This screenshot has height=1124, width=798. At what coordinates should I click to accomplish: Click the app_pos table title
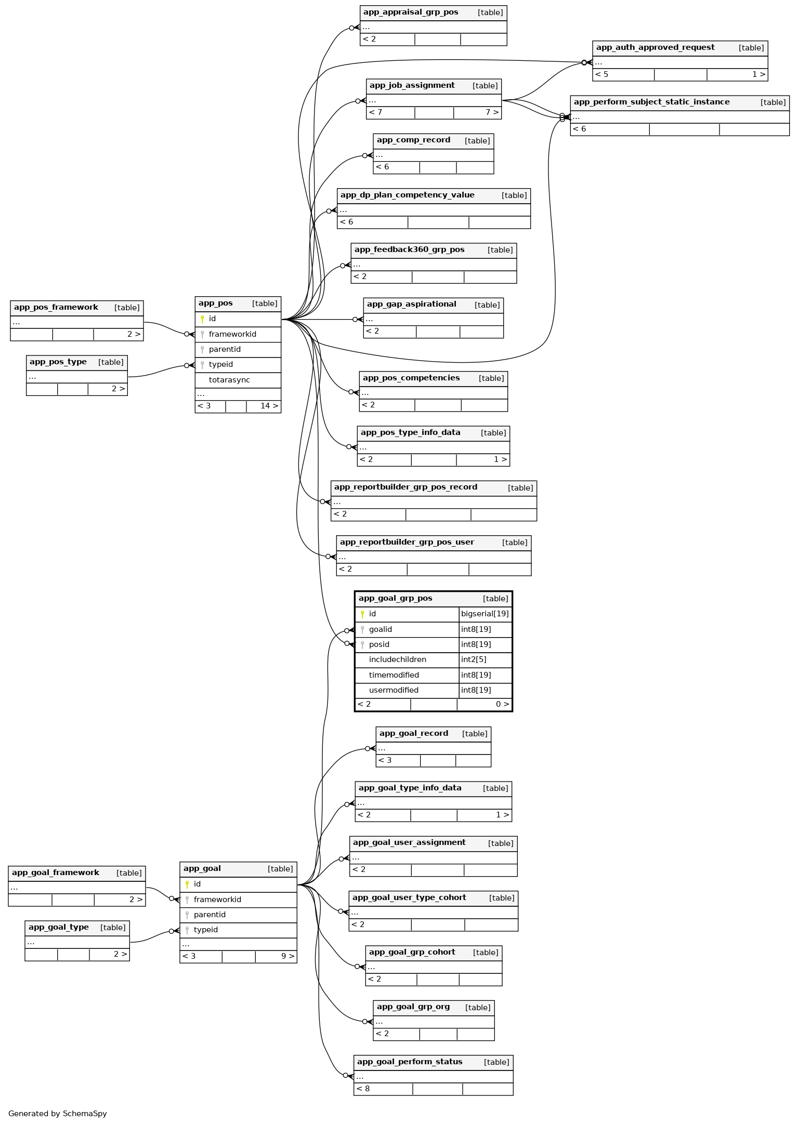[216, 303]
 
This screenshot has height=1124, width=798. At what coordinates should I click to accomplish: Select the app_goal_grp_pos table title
[395, 599]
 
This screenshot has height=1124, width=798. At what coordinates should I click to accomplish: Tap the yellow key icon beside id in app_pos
[202, 319]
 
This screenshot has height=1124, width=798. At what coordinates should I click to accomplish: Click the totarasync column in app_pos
[229, 380]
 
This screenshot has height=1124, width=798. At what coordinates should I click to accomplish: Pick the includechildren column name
[397, 660]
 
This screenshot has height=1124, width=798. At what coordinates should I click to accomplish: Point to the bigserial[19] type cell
[485, 614]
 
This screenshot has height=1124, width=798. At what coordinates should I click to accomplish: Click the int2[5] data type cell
[474, 660]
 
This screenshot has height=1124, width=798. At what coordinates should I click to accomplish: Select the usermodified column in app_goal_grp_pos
[394, 691]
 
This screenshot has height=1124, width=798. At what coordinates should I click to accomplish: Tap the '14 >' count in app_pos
[269, 406]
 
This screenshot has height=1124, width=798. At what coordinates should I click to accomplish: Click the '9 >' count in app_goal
[287, 956]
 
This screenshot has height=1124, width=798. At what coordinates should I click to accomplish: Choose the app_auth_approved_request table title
[655, 48]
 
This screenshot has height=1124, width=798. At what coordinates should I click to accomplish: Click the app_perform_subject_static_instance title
[651, 102]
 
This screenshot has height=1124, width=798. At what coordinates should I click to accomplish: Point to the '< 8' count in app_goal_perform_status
[363, 1089]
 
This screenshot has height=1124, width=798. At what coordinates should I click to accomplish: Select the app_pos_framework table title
[56, 308]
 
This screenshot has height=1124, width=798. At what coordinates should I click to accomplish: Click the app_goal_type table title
[59, 927]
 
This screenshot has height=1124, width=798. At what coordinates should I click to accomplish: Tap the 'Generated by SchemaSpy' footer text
[58, 1114]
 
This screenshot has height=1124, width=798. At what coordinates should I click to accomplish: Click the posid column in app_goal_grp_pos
[379, 645]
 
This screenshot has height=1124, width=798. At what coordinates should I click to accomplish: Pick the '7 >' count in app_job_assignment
[492, 113]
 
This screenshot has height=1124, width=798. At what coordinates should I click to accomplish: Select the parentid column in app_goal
[210, 915]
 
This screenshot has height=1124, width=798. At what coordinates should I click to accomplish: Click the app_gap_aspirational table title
[411, 305]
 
